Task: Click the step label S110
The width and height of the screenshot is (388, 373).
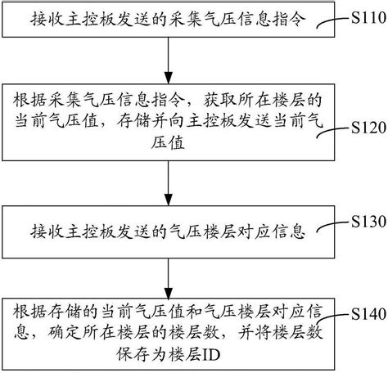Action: click(368, 18)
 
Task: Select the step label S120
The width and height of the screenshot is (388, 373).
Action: click(368, 128)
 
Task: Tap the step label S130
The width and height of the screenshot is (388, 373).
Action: click(368, 222)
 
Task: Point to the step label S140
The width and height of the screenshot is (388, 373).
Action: click(368, 314)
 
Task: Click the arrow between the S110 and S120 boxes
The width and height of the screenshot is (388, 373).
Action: click(169, 61)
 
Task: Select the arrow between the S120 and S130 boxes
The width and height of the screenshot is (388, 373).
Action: click(169, 183)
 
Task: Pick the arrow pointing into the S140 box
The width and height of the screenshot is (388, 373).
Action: click(169, 278)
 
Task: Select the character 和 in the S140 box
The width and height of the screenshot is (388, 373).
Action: click(194, 311)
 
